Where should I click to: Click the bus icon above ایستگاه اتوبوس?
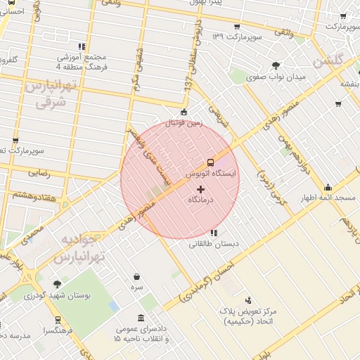(210, 162)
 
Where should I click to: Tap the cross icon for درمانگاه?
(200, 189)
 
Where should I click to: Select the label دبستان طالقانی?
(213, 244)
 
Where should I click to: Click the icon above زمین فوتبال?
(184, 112)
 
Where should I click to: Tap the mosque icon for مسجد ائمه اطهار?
(328, 187)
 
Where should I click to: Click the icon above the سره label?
(136, 277)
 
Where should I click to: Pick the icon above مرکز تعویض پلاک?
(255, 301)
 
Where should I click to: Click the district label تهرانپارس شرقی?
(49, 93)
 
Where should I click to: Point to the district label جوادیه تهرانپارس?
(83, 248)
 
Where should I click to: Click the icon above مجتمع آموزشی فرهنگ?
(82, 46)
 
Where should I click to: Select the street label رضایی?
(38, 172)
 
